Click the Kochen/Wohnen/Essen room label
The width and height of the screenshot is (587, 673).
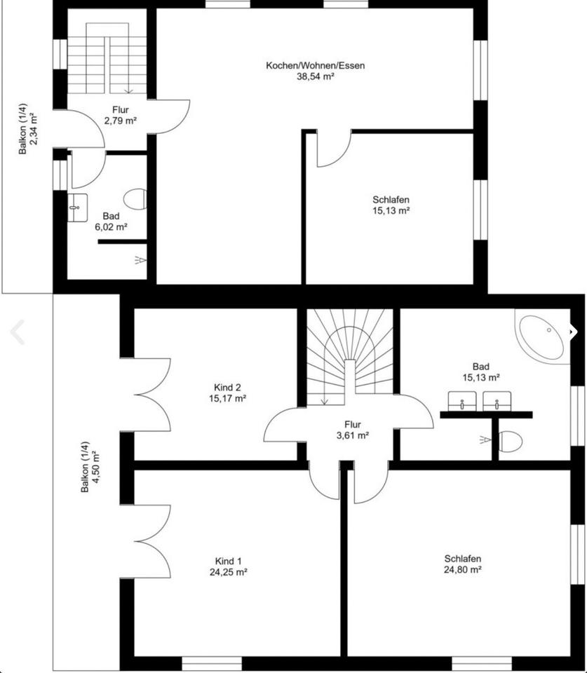coord(315,66)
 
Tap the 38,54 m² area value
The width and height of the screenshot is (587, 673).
coord(316,77)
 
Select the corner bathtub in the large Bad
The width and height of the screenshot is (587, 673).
coord(542,338)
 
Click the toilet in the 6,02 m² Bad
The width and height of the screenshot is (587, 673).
coord(135,199)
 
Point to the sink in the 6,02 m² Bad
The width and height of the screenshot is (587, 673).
coord(78,208)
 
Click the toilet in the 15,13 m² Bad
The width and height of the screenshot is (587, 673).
coord(510,441)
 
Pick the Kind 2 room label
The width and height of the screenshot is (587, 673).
coord(227,387)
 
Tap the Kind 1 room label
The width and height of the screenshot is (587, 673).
coord(228,561)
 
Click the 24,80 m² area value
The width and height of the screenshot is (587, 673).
coord(462,569)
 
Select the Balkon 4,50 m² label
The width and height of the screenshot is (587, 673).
coord(90,467)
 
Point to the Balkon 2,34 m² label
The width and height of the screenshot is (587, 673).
coord(28,128)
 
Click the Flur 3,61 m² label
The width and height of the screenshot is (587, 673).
coord(353,430)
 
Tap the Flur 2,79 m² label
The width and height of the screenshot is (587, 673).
coord(120,116)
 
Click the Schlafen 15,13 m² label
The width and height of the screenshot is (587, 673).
coord(391,205)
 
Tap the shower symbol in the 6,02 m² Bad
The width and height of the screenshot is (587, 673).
coord(140,260)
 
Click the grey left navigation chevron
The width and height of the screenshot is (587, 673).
coord(17,332)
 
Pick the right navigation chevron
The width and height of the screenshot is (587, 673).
coord(573,331)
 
